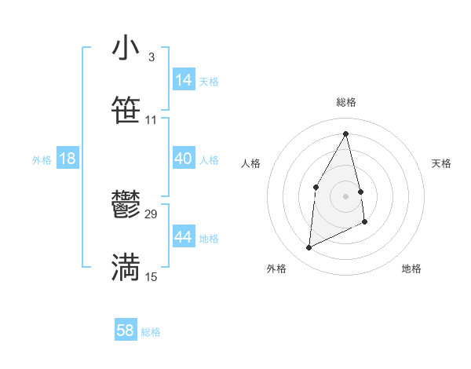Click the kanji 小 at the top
[x=126, y=49]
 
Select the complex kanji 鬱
[x=126, y=206]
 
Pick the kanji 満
[x=126, y=267]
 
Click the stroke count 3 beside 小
[x=151, y=57]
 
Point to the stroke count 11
[x=151, y=120]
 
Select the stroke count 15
[x=152, y=277]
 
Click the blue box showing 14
[x=184, y=80]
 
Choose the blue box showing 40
[x=184, y=159]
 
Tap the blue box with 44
[x=184, y=237]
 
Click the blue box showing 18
[x=68, y=159]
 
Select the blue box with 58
[x=126, y=331]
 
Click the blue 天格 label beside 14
[x=209, y=82]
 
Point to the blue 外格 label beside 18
[x=42, y=160]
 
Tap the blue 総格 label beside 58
[x=151, y=332]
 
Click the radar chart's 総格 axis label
[x=346, y=102]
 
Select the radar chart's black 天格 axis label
[x=441, y=163]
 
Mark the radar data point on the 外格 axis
[x=309, y=248]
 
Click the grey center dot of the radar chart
[x=346, y=195]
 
